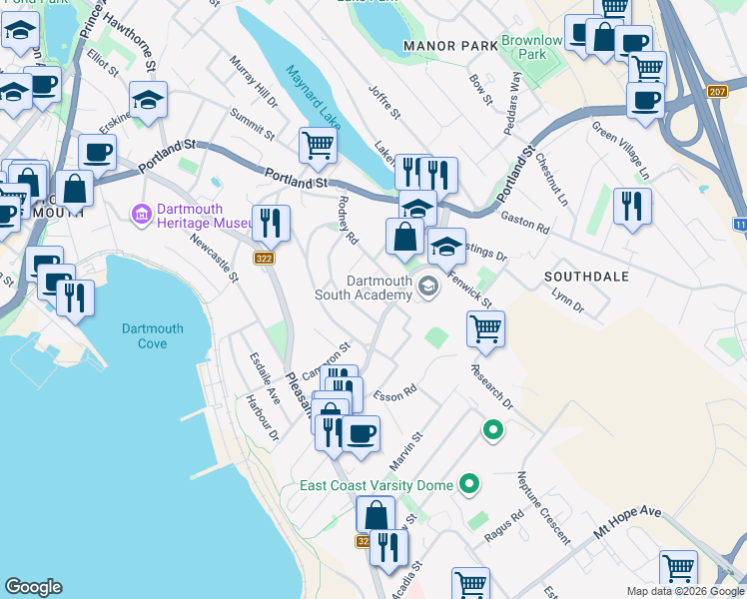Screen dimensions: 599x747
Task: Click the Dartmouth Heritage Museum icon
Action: point(140,214)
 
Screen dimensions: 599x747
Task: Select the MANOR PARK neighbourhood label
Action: point(450,46)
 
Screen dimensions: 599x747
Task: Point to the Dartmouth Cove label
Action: point(152,335)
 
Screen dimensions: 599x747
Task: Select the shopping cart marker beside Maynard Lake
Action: point(318,145)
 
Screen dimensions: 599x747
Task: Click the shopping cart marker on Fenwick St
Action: point(485,328)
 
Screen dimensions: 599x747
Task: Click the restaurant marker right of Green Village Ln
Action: point(632,206)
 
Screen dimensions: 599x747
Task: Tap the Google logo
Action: point(33,587)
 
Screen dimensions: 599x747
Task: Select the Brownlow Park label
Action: point(532,47)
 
